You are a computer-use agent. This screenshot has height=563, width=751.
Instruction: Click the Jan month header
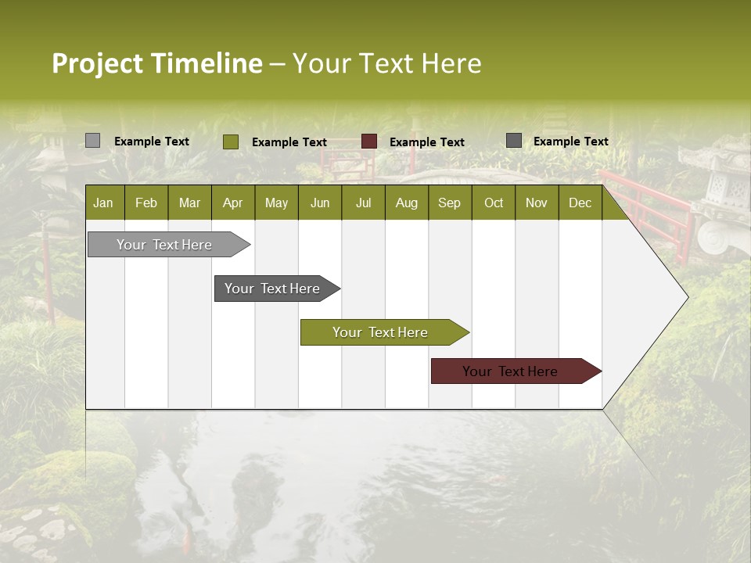pos(103,203)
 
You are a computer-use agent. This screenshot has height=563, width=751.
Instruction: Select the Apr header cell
pos(232,203)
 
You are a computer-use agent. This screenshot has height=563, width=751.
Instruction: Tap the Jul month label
pos(363,203)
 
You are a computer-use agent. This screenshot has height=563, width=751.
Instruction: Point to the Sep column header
pos(449,203)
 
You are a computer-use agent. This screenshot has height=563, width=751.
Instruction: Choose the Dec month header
pos(580,203)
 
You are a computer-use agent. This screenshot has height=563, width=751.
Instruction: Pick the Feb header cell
pos(146,203)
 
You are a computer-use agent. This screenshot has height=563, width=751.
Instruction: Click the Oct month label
pos(494,203)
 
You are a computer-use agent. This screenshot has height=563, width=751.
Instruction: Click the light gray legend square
pos(92,141)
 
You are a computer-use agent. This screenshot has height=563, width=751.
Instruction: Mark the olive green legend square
pos(230,142)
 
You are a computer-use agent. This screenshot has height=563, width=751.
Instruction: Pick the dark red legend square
pos(369,142)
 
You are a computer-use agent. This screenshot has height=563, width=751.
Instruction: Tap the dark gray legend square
pos(514,141)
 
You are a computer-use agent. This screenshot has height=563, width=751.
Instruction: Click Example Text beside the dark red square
pos(426,142)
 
